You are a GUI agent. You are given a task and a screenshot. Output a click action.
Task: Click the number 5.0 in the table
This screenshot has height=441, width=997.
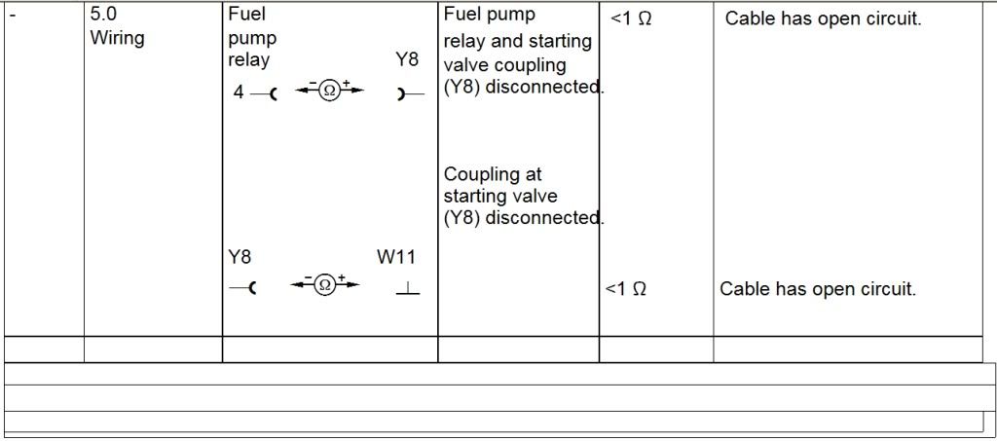tap(103, 16)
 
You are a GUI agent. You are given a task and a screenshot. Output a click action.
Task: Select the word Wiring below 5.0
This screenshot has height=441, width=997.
tap(117, 39)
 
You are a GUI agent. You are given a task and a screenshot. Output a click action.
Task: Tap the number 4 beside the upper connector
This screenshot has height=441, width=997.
tap(239, 92)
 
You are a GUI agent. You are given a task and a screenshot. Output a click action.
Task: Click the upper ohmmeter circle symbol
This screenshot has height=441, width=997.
tap(329, 92)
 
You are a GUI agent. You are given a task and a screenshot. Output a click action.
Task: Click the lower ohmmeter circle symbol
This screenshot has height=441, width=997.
tap(325, 285)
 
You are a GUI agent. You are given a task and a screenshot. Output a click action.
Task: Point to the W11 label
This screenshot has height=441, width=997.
tap(396, 258)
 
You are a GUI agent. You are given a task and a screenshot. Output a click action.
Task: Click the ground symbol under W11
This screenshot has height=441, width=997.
tap(409, 289)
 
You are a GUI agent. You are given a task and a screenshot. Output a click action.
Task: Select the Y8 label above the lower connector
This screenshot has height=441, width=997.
tap(240, 258)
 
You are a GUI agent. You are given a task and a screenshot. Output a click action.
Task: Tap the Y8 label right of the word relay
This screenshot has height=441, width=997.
tap(407, 60)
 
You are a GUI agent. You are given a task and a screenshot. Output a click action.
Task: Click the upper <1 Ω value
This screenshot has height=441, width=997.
tap(631, 18)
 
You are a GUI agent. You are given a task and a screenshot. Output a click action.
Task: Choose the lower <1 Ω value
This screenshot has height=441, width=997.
tap(625, 289)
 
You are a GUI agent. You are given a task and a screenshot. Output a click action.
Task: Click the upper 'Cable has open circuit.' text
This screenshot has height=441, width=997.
tap(823, 18)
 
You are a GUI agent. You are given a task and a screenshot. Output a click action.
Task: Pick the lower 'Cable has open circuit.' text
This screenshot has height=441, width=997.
tap(818, 289)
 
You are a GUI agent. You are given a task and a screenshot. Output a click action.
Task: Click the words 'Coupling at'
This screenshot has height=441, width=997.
tap(493, 175)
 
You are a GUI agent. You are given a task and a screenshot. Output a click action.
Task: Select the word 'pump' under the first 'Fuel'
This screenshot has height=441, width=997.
tap(252, 39)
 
